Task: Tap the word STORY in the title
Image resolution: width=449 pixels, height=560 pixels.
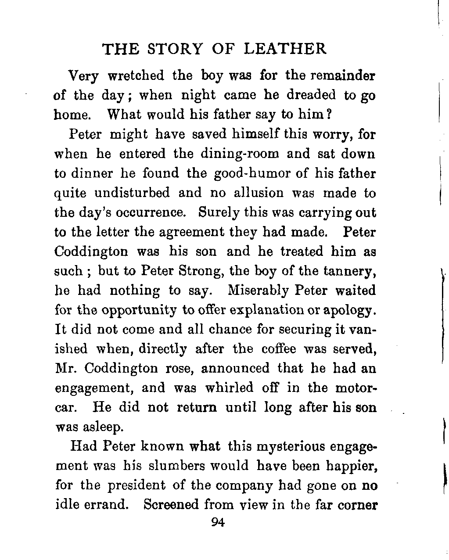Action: pyautogui.click(x=176, y=49)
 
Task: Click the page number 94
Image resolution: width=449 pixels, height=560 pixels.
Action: pyautogui.click(x=218, y=522)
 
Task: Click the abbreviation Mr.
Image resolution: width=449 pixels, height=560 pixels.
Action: pyautogui.click(x=66, y=368)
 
